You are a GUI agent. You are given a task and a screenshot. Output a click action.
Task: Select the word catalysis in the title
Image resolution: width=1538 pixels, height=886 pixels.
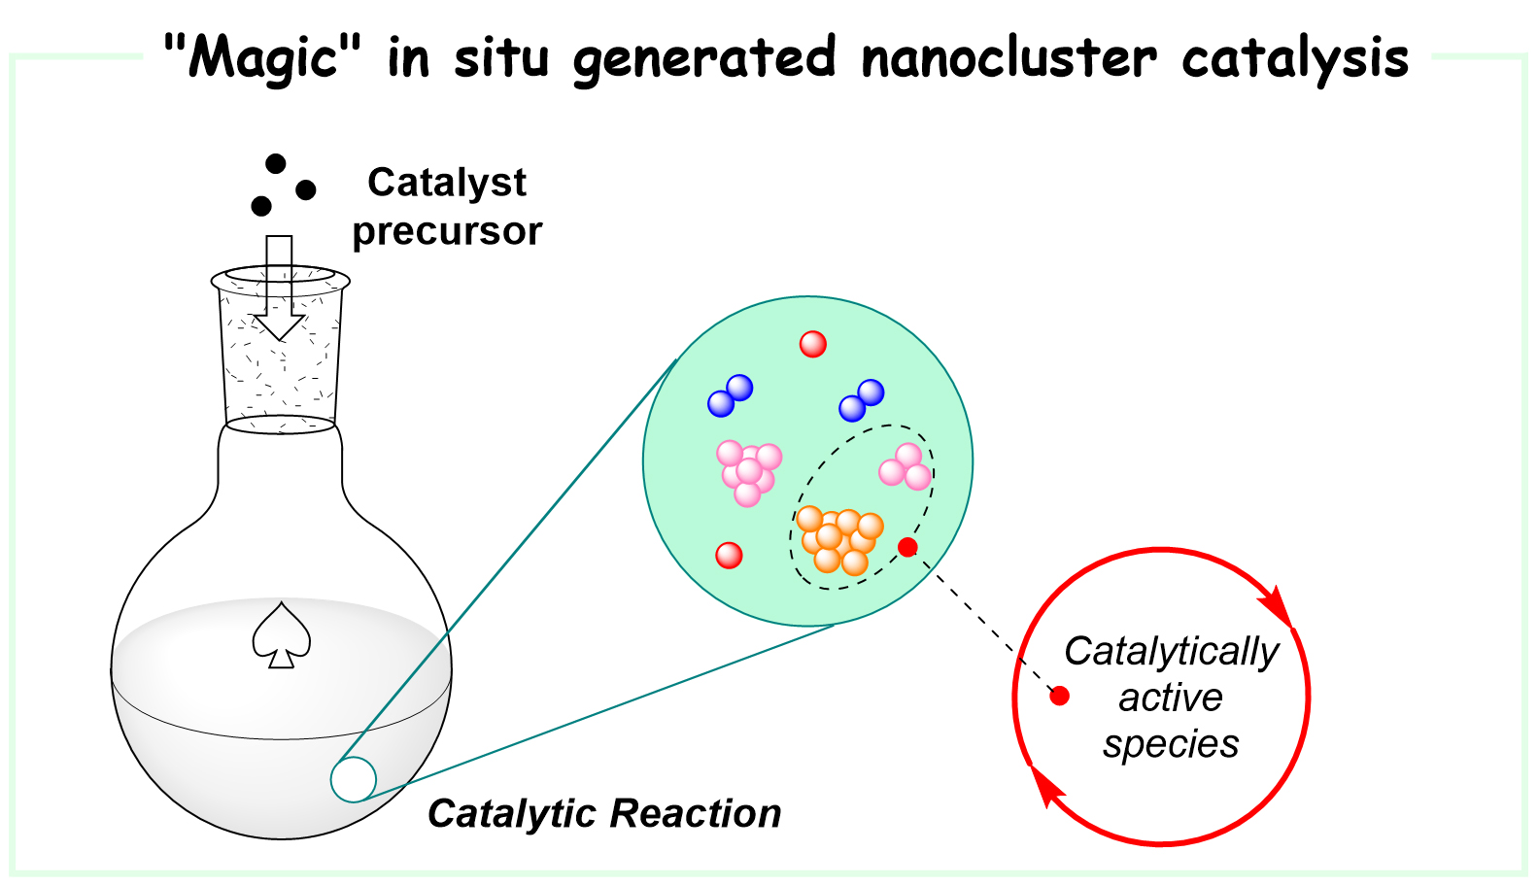pyautogui.click(x=1294, y=57)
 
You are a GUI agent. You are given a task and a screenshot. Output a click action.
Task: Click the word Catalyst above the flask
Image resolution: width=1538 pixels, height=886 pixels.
pyautogui.click(x=447, y=183)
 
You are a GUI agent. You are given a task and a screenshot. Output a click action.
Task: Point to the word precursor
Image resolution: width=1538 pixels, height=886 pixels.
pyautogui.click(x=447, y=231)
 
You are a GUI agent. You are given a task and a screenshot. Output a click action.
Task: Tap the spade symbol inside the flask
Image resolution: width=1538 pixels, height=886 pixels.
pyautogui.click(x=282, y=636)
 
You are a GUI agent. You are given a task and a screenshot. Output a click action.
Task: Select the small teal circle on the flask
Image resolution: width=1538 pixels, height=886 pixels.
pyautogui.click(x=354, y=779)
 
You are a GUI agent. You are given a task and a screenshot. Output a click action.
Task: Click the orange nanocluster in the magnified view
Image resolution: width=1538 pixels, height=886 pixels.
pyautogui.click(x=838, y=540)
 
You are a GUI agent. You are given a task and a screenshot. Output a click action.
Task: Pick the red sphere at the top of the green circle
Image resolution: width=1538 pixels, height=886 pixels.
pyautogui.click(x=812, y=344)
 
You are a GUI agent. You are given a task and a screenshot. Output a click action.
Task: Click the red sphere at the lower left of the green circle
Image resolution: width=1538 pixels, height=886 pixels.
pyautogui.click(x=729, y=555)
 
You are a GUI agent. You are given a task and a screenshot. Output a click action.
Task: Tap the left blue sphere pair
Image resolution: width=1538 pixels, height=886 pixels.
pyautogui.click(x=731, y=395)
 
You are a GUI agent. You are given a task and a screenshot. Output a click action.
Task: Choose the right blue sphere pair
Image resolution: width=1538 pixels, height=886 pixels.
pyautogui.click(x=862, y=400)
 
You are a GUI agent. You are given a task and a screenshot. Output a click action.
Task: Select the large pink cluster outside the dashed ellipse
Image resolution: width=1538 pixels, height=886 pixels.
pyautogui.click(x=748, y=471)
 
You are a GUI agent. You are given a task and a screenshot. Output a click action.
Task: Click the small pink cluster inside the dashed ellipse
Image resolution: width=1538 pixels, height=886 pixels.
pyautogui.click(x=906, y=467)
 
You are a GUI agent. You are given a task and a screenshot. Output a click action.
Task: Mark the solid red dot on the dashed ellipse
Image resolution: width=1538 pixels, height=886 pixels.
pyautogui.click(x=907, y=548)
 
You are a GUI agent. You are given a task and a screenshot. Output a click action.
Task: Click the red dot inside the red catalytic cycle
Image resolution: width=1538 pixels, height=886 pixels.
pyautogui.click(x=1060, y=696)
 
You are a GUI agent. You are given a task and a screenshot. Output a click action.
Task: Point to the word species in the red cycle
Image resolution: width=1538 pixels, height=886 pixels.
pyautogui.click(x=1171, y=744)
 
